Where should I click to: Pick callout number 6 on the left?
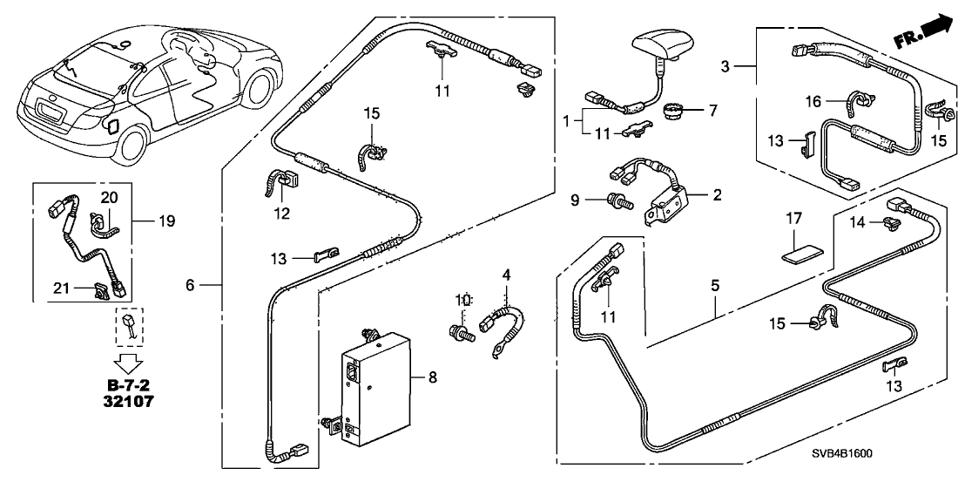[x=192, y=285]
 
